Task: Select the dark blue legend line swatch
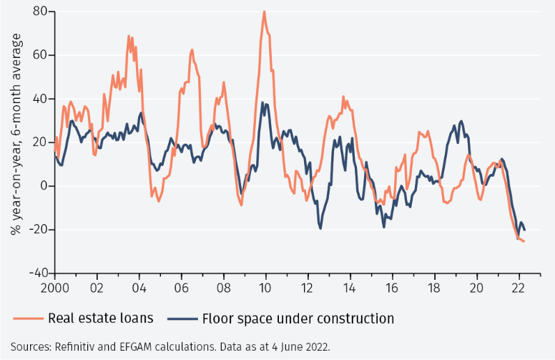[x=182, y=318]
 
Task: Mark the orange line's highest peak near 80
[x=264, y=11]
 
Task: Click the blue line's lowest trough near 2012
[x=320, y=228]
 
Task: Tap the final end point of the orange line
[x=524, y=241]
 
